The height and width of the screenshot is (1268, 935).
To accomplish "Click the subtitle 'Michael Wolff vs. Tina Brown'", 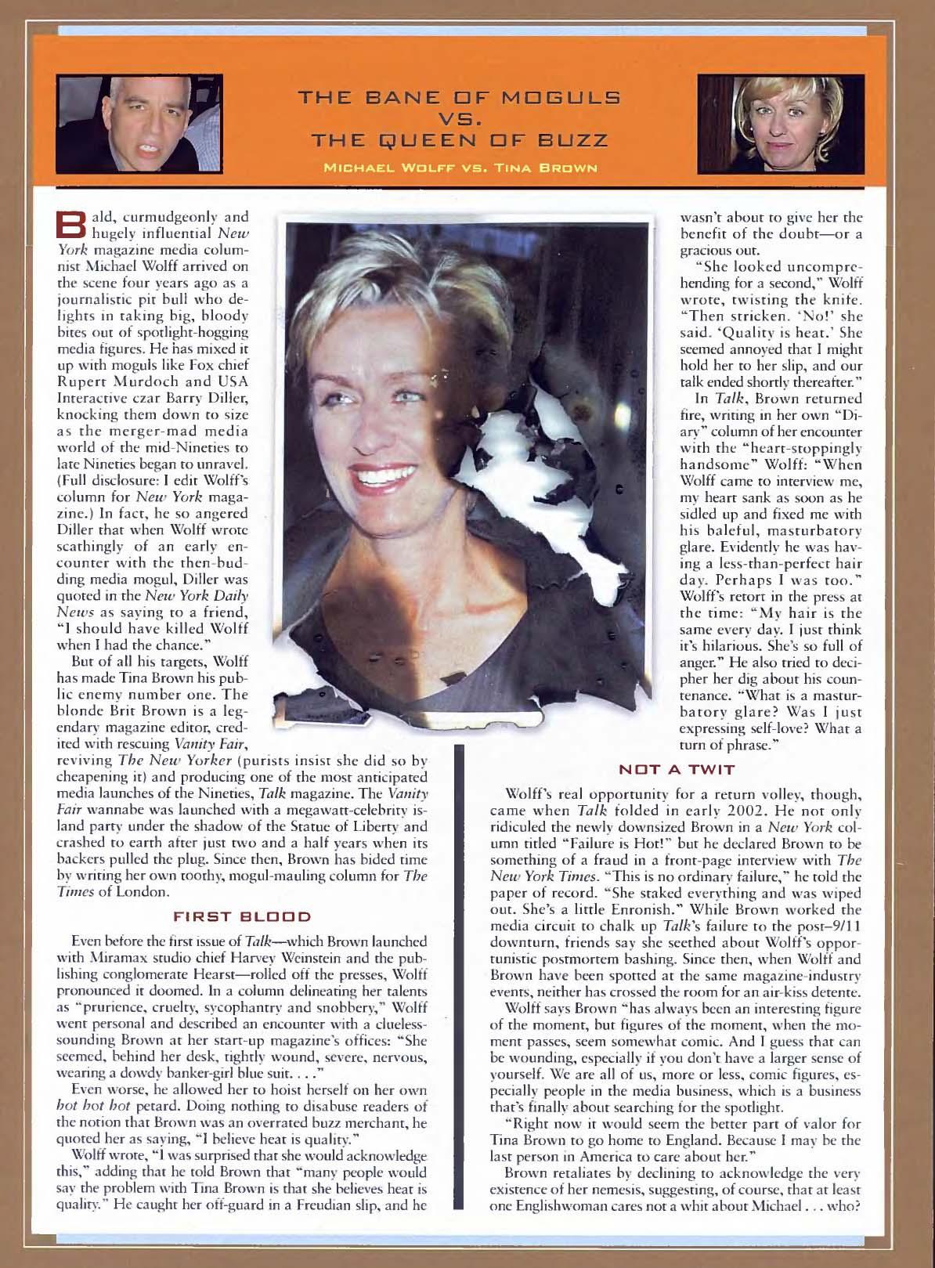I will [x=470, y=166].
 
